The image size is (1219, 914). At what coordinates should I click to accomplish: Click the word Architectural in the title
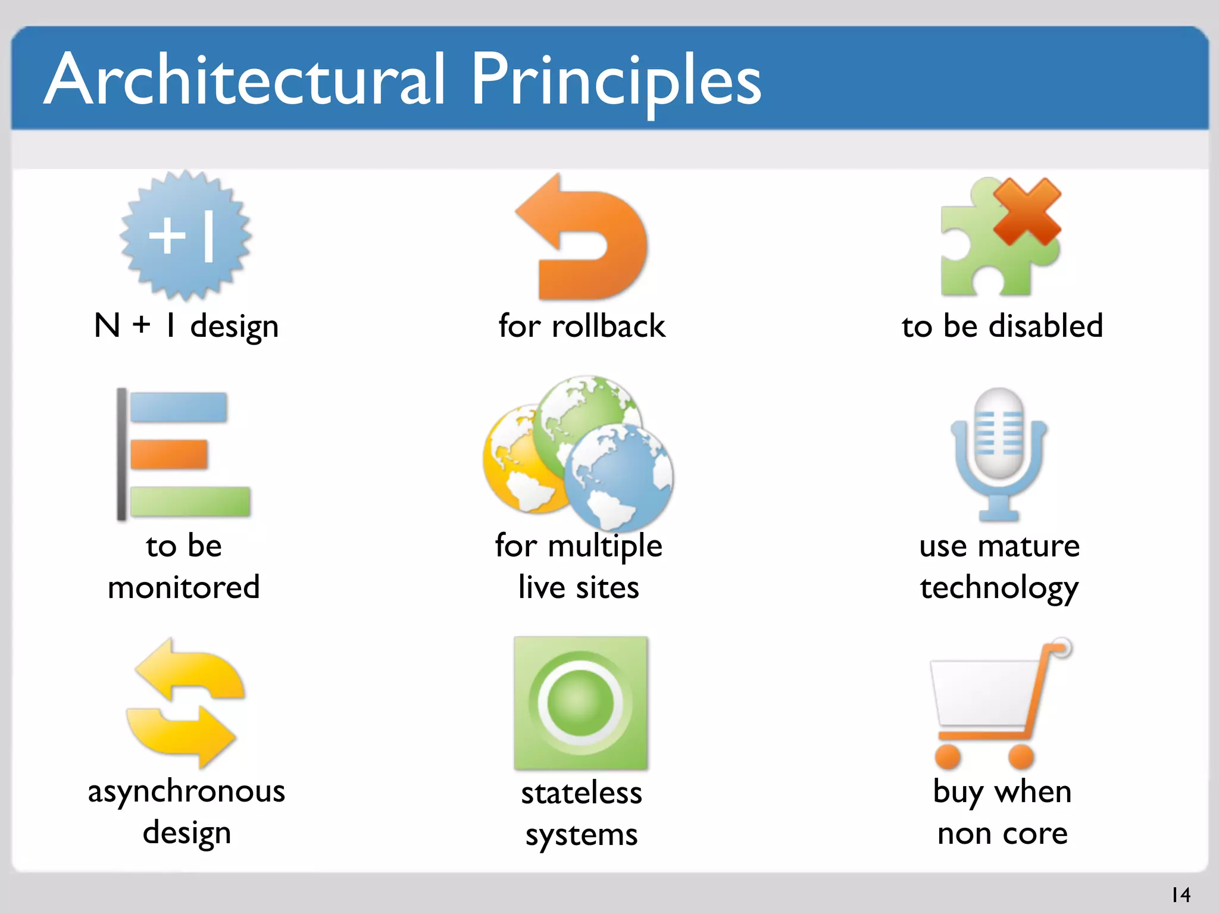click(244, 80)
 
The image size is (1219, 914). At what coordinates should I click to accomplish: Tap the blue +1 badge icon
click(185, 236)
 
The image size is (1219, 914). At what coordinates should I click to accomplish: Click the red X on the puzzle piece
click(1027, 211)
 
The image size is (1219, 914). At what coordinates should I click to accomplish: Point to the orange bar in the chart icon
click(169, 454)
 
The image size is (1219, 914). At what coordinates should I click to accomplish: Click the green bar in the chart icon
click(190, 501)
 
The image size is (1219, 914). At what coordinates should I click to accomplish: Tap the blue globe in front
click(619, 476)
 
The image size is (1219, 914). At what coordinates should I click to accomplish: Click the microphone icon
click(999, 452)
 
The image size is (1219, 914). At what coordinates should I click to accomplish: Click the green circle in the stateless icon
click(580, 702)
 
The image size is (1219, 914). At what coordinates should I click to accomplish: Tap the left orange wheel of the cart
click(948, 756)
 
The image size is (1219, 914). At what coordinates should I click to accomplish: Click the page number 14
click(1181, 894)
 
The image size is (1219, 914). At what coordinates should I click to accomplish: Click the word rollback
click(608, 326)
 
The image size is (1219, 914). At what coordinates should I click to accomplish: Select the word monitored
click(184, 587)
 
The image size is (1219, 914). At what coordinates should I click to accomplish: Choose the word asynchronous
click(186, 792)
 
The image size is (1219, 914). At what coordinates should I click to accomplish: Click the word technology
click(999, 588)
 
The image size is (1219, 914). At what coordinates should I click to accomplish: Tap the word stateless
click(582, 793)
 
